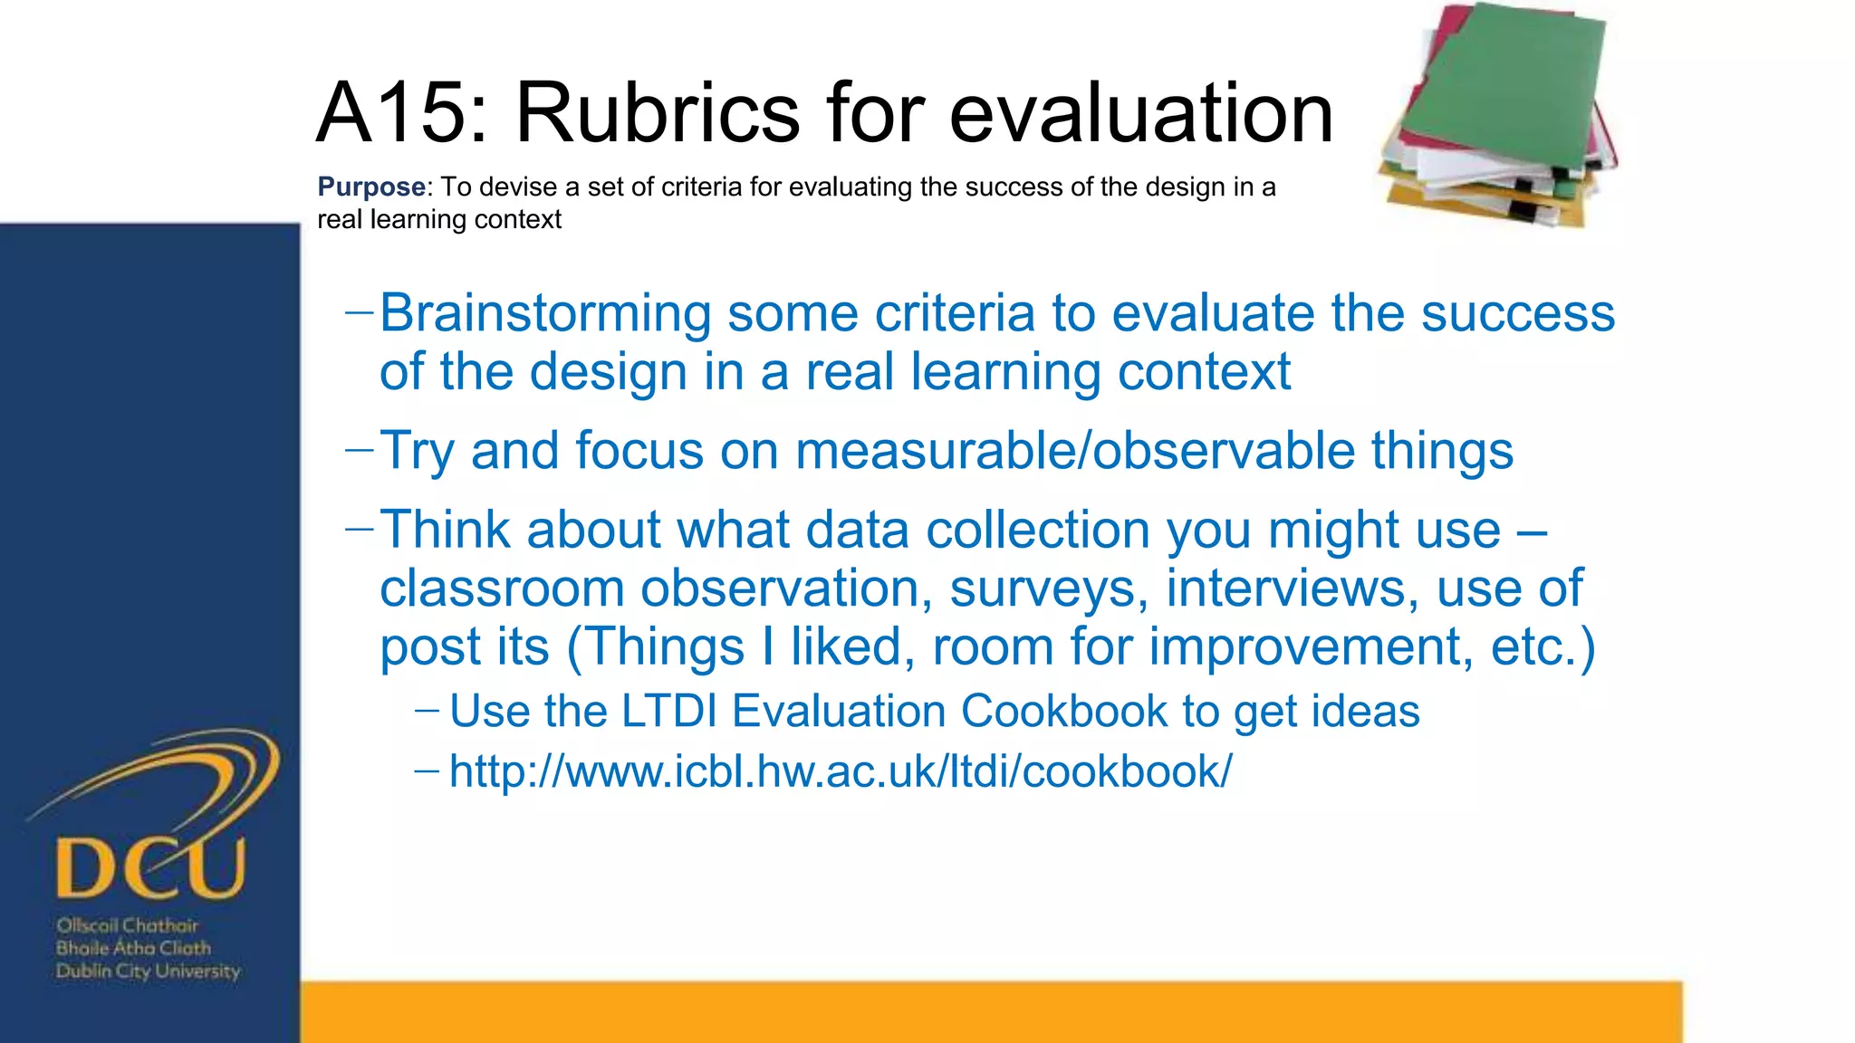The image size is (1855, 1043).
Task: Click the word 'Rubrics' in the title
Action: pos(658,113)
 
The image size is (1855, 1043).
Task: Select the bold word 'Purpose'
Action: pos(370,187)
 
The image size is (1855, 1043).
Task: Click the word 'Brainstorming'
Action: pos(545,313)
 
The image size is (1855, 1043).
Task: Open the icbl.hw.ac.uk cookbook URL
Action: pos(840,771)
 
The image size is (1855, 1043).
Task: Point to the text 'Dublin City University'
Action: pos(148,971)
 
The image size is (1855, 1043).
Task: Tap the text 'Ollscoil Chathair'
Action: pos(127,925)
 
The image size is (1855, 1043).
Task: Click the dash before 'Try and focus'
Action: pos(360,448)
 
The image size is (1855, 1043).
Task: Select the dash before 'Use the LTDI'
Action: pos(427,709)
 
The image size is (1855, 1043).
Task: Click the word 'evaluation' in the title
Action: pos(1140,113)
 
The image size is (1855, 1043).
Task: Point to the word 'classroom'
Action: pos(502,588)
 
